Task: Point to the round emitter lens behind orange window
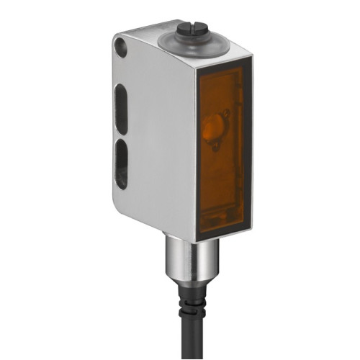coord(213,129)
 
